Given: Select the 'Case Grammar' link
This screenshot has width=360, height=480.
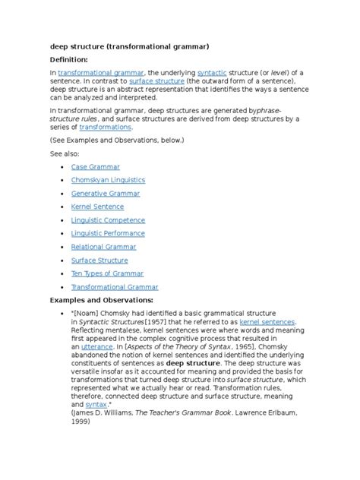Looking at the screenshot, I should [95, 166].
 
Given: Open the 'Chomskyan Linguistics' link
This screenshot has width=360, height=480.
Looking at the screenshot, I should [107, 180].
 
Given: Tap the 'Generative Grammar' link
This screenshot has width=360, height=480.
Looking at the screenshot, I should [105, 194].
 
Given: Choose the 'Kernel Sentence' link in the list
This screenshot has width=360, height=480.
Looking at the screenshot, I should [99, 207].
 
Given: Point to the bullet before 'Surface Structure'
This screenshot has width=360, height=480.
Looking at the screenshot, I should [58, 261].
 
